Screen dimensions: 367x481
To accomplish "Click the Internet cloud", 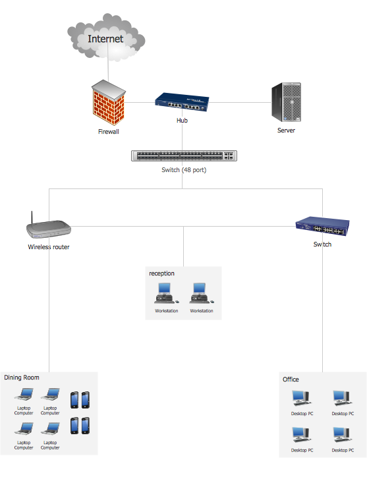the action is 106,38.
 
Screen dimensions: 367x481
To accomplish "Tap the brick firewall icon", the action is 109,102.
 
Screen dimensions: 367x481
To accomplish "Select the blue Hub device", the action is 182,102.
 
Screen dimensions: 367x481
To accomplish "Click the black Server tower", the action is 287,102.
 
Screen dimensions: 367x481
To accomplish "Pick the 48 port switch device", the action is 184,156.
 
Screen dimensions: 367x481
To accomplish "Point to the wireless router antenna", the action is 32,217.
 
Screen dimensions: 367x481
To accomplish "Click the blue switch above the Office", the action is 322,227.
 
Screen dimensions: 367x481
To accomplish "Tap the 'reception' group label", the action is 161,273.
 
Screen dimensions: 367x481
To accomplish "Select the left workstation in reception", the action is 166,293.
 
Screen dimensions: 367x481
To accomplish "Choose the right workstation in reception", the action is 202,293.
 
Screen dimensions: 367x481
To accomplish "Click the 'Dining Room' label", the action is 22,378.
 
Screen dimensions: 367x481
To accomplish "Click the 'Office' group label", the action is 291,380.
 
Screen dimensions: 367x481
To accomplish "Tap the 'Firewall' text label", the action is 109,132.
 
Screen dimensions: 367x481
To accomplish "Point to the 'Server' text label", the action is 287,130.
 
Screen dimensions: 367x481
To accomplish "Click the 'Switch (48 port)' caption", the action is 184,170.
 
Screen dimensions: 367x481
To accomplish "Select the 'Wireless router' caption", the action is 49,247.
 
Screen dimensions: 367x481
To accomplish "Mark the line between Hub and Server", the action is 240,102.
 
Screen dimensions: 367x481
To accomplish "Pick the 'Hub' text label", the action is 182,120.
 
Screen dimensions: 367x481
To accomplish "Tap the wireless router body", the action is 49,229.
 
